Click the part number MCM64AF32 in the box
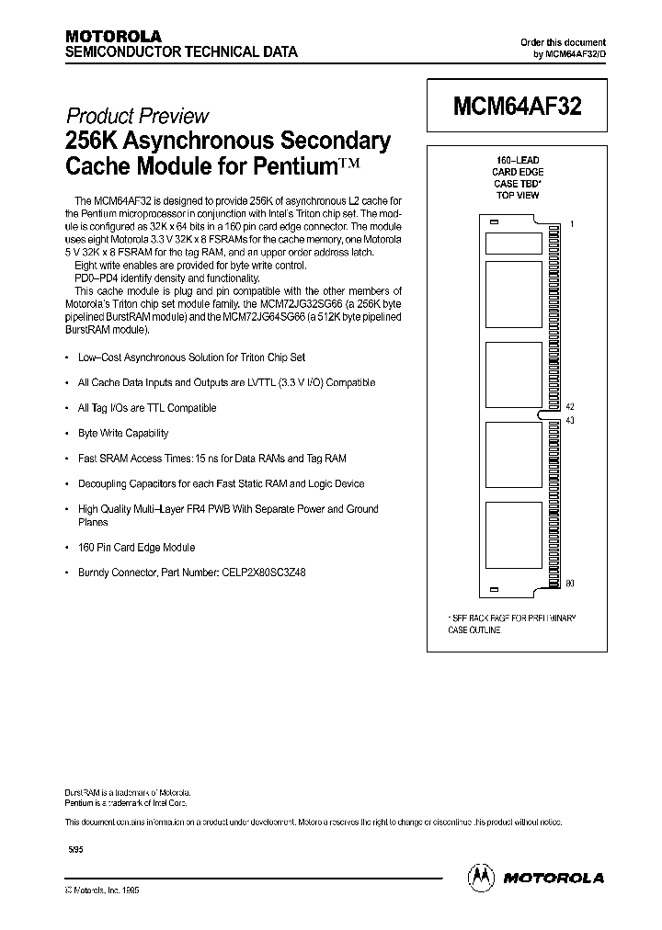point(517,104)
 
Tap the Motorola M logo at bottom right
point(481,877)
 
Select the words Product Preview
point(138,117)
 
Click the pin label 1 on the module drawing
point(571,224)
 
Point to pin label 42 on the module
point(570,405)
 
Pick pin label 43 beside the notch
point(570,420)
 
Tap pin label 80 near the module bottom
point(570,584)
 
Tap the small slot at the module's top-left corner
point(493,223)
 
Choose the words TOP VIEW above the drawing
point(518,195)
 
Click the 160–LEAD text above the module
point(518,160)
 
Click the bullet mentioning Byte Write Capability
point(122,433)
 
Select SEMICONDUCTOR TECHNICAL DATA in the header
point(181,52)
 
